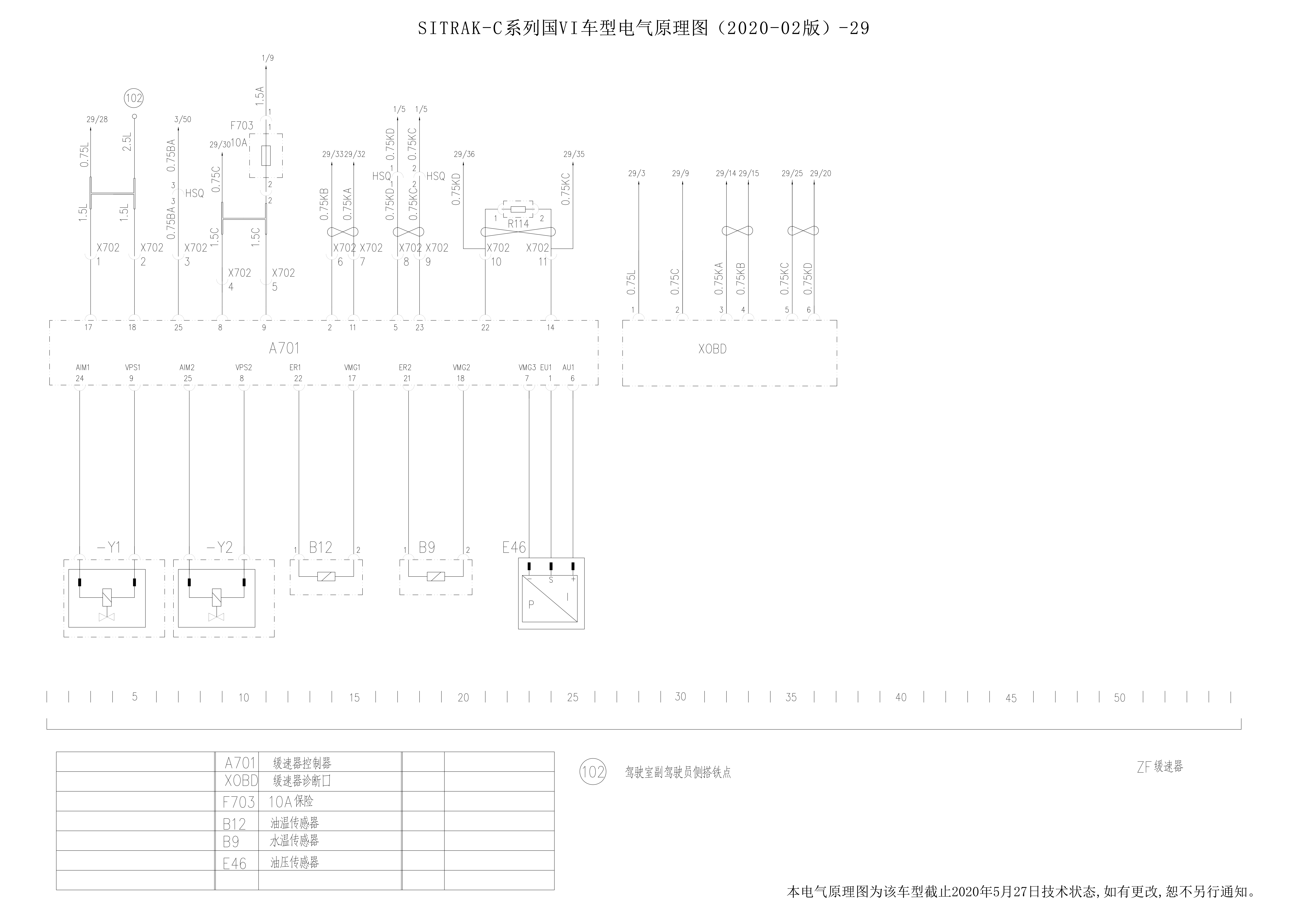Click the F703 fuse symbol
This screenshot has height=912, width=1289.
point(266,155)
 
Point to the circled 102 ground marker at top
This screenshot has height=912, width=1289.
point(134,98)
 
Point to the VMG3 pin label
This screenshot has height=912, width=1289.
point(527,367)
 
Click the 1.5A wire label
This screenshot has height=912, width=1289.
point(259,96)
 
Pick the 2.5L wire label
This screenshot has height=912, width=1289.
point(127,142)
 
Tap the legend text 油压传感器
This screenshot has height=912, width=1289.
point(295,862)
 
